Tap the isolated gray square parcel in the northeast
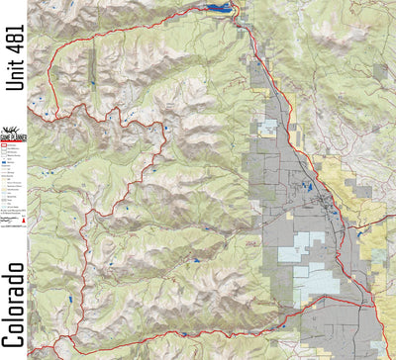379,69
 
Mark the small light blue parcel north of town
268,128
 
